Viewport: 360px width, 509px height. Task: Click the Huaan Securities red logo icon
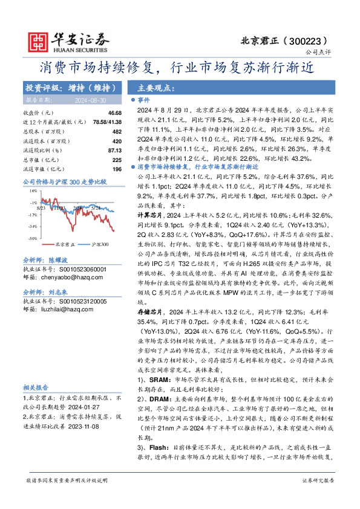point(39,41)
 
